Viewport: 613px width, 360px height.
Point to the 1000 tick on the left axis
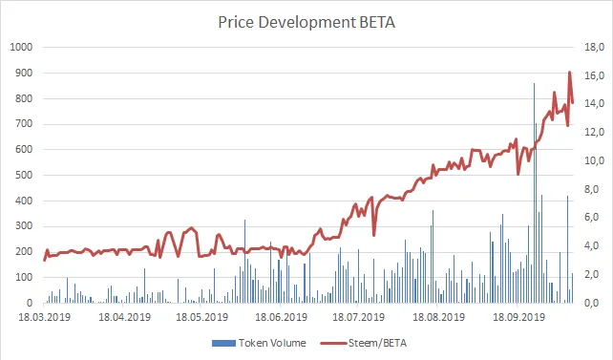(21, 47)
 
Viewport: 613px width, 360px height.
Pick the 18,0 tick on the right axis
(593, 47)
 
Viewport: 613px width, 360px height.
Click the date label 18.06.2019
(282, 316)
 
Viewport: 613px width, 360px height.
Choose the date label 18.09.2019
(517, 316)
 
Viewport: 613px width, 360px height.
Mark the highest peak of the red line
(570, 73)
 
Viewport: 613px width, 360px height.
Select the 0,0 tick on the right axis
(593, 303)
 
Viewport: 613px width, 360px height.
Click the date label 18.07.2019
(360, 316)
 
